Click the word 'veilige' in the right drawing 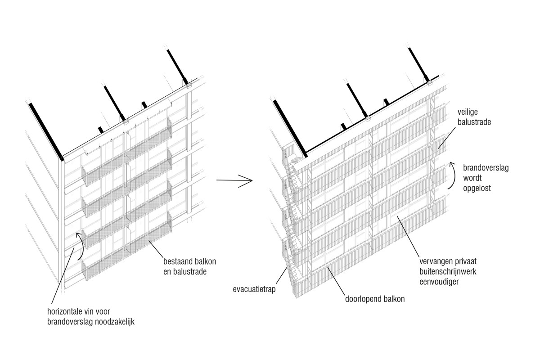[x=468, y=111]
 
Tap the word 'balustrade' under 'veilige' [x=475, y=121]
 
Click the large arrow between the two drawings [x=234, y=181]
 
